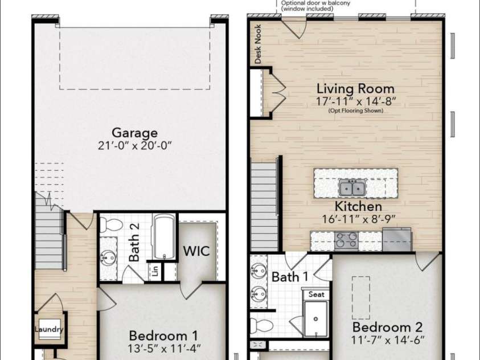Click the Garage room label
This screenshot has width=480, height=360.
coord(135,133)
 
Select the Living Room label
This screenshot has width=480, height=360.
coord(355,88)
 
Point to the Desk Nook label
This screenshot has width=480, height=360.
coord(258,44)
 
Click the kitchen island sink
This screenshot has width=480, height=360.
coord(352,187)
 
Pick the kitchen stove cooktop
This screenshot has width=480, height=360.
coord(346,240)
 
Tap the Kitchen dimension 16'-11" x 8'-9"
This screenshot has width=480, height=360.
coord(359,219)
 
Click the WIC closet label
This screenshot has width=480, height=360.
coord(196,251)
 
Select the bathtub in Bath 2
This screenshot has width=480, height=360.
coord(164,236)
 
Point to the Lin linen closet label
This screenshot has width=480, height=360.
coord(155,271)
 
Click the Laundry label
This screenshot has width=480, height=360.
coord(49,329)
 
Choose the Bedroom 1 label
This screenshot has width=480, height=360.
coord(163,336)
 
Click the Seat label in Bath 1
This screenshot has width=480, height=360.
coord(316,294)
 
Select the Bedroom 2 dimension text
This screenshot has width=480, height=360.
coord(388,340)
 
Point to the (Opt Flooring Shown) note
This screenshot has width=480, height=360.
coord(356,111)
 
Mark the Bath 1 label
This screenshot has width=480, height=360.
coord(290,277)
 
